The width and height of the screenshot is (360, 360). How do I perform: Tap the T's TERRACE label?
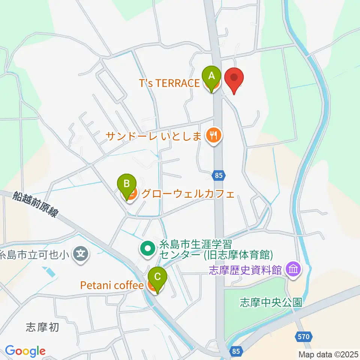169,83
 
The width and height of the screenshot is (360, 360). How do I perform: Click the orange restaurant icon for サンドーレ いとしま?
214,135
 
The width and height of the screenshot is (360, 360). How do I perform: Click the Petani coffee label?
112,286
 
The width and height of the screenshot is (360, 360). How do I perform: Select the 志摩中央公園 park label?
271,303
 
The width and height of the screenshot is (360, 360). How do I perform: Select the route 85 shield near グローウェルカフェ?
219,174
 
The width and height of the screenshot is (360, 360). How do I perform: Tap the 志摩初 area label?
43,327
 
